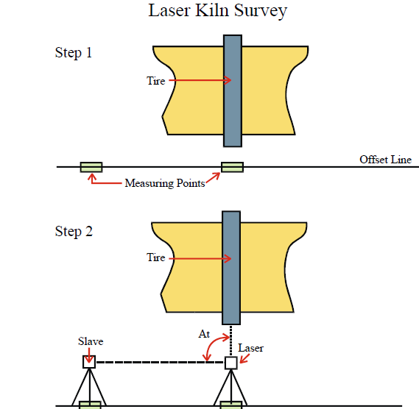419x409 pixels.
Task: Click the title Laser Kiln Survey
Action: (217, 11)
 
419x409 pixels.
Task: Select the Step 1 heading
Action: (74, 52)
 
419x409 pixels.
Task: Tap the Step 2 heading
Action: (74, 232)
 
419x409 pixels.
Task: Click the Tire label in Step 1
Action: (156, 81)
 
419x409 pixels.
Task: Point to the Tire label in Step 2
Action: (156, 257)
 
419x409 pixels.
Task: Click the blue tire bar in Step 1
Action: (233, 90)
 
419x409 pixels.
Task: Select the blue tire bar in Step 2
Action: (231, 268)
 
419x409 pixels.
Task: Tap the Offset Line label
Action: (385, 160)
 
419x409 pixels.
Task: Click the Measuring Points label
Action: (165, 183)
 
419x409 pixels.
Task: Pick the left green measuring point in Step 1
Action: (91, 167)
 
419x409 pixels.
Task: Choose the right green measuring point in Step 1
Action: (232, 167)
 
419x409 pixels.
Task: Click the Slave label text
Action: (91, 341)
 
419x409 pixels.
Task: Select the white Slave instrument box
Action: (89, 362)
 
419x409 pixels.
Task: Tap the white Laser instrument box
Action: (231, 363)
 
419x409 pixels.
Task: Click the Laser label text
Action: (250, 348)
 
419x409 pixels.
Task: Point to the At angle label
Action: (204, 334)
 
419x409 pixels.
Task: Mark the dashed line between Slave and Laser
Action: (160, 362)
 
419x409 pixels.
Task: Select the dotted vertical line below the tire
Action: (231, 341)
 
